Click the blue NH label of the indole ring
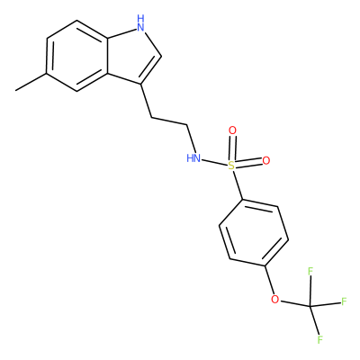coord(140,23)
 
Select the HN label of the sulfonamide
coord(193,157)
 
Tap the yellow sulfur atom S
coord(231,165)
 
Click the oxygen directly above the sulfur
coord(232,130)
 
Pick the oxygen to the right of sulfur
coord(266,161)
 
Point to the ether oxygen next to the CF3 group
coord(274,299)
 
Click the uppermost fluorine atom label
coord(310,272)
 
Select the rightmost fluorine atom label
coord(344,301)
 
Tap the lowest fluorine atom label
coord(320,339)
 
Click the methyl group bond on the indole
coord(31,81)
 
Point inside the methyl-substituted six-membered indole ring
coord(77,56)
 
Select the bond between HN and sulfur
coord(214,162)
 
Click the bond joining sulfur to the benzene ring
coord(238,184)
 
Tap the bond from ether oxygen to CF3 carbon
coord(295,303)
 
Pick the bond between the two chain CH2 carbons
coord(169,121)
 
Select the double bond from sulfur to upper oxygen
coord(232,148)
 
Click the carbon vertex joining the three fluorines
coord(310,306)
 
